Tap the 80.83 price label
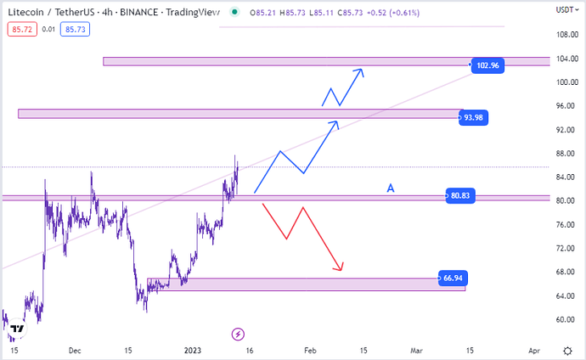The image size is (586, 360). point(460,196)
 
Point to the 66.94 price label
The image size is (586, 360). point(452,278)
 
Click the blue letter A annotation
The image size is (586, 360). point(391,188)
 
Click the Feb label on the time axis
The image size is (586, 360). point(309,350)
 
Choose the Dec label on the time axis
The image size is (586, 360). point(74,350)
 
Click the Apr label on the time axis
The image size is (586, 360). point(533,350)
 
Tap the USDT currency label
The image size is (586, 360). point(565,10)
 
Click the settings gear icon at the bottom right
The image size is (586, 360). point(566,350)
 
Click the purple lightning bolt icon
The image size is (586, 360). point(239,334)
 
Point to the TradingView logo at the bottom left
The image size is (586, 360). point(17,329)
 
